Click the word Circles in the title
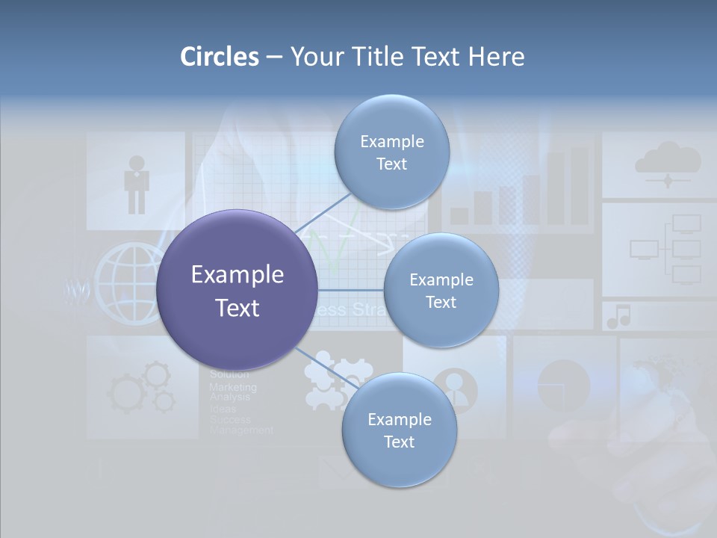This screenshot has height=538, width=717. click(x=219, y=57)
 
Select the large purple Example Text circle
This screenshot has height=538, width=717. click(x=238, y=291)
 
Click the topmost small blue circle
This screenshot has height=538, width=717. click(x=391, y=152)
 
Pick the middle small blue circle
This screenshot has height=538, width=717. click(x=441, y=291)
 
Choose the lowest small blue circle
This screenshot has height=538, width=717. click(x=399, y=430)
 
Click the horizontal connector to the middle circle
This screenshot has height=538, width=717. click(x=350, y=290)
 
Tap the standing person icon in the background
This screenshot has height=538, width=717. click(x=137, y=184)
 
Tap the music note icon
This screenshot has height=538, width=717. click(x=618, y=317)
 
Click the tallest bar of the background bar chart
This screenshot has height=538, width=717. click(x=580, y=185)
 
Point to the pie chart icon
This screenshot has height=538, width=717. click(x=563, y=385)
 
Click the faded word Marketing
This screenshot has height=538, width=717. click(x=232, y=387)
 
